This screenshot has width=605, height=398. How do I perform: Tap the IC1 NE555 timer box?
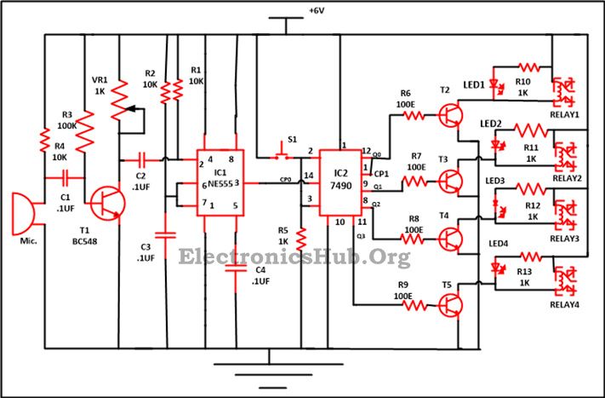coord(220,182)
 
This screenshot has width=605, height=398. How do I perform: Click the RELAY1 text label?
coord(565,112)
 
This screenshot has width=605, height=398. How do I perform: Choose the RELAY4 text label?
coord(565,304)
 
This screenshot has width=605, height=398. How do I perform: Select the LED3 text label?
coord(495,182)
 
